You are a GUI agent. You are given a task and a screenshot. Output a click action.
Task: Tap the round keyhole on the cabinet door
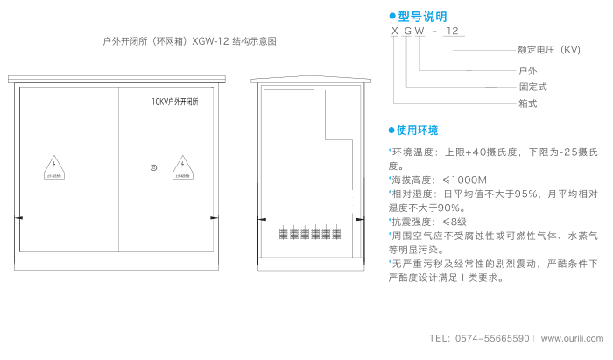[153, 166]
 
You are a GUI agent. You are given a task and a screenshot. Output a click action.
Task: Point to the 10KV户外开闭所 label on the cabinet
[175, 102]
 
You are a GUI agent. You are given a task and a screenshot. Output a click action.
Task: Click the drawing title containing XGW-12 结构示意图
[190, 41]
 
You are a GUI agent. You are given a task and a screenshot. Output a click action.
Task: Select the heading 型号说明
[422, 17]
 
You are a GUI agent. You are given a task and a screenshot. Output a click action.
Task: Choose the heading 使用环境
[417, 131]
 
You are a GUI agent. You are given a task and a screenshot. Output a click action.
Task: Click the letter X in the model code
[395, 32]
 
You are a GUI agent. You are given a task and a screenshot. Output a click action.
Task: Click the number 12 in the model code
[453, 32]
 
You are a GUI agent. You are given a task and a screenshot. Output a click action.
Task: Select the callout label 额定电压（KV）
[549, 50]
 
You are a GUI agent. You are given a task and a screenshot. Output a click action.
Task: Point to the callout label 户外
[528, 69]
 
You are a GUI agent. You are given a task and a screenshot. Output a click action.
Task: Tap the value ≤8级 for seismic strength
[454, 222]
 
